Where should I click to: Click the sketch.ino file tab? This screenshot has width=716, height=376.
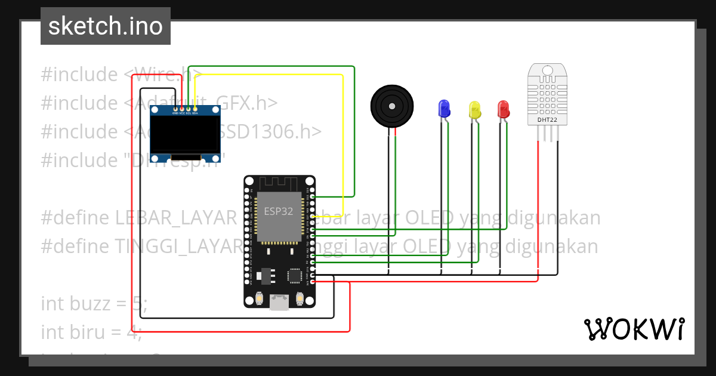point(105,26)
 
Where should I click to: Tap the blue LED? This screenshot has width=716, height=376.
point(444,108)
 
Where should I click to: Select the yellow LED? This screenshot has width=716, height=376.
point(475,109)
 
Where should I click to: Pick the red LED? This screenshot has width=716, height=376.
point(504,109)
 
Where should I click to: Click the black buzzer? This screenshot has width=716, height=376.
point(391,106)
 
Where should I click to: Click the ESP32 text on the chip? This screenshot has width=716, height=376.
point(279,211)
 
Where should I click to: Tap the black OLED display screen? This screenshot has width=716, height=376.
point(185,135)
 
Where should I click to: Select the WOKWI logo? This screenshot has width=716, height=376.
point(634,329)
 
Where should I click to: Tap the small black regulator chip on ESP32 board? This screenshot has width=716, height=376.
point(266,276)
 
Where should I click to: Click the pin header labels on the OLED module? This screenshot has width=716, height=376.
point(185,113)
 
